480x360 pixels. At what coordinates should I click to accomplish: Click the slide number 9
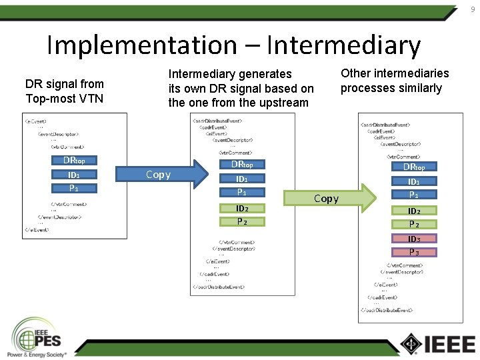tap(473, 9)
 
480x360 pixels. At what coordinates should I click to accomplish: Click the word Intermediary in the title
tap(343, 45)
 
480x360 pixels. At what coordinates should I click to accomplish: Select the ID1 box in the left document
tap(74, 175)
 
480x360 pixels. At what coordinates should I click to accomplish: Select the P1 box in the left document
tap(74, 188)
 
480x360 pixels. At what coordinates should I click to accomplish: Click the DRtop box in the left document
tap(74, 161)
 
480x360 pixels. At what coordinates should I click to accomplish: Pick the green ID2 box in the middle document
tap(242, 209)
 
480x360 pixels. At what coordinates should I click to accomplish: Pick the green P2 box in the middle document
tap(242, 221)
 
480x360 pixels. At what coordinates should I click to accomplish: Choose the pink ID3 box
tap(413, 239)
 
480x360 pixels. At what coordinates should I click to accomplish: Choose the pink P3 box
tap(413, 252)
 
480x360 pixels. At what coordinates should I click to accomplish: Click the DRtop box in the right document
tap(413, 167)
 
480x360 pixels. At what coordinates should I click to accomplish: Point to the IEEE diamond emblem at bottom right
tap(411, 343)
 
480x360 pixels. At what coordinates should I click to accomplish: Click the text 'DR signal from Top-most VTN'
tap(65, 91)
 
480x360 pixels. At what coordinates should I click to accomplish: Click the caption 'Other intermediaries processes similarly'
tap(395, 81)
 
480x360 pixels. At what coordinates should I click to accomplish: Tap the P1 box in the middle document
tap(242, 192)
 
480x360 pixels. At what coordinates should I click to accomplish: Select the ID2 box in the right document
tap(413, 211)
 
